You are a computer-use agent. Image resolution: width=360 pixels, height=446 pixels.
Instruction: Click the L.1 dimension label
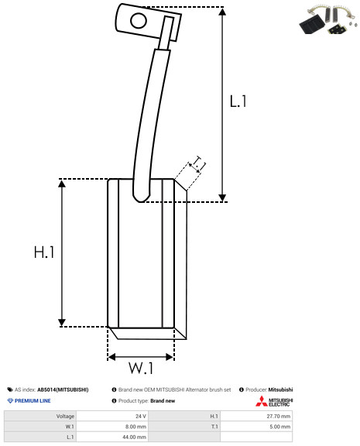click(238, 101)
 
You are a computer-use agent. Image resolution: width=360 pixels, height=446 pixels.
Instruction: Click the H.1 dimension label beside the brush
click(44, 252)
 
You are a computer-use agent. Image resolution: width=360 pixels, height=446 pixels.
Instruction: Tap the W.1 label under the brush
click(141, 368)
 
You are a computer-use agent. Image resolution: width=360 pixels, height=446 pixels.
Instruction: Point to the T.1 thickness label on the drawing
click(199, 163)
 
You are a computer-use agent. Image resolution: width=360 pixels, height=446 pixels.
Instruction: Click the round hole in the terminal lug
click(139, 21)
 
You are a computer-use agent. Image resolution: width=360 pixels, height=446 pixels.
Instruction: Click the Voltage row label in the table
click(65, 417)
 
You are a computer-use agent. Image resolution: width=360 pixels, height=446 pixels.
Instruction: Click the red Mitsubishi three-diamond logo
click(262, 401)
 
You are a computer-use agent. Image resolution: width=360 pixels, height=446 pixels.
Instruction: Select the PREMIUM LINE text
click(33, 401)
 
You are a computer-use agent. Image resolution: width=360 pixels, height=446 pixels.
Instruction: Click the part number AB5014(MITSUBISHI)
click(63, 389)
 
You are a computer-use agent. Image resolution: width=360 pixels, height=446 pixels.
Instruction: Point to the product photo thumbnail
click(328, 20)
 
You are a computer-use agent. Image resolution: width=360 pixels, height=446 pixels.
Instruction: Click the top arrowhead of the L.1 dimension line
click(222, 12)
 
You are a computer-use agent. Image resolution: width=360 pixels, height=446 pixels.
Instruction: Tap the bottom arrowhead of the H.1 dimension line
click(62, 323)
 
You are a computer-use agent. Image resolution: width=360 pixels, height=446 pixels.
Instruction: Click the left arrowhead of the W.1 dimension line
click(111, 357)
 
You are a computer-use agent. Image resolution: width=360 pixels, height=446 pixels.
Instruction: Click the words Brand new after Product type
click(163, 401)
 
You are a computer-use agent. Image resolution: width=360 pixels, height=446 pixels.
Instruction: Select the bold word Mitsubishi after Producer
click(280, 389)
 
